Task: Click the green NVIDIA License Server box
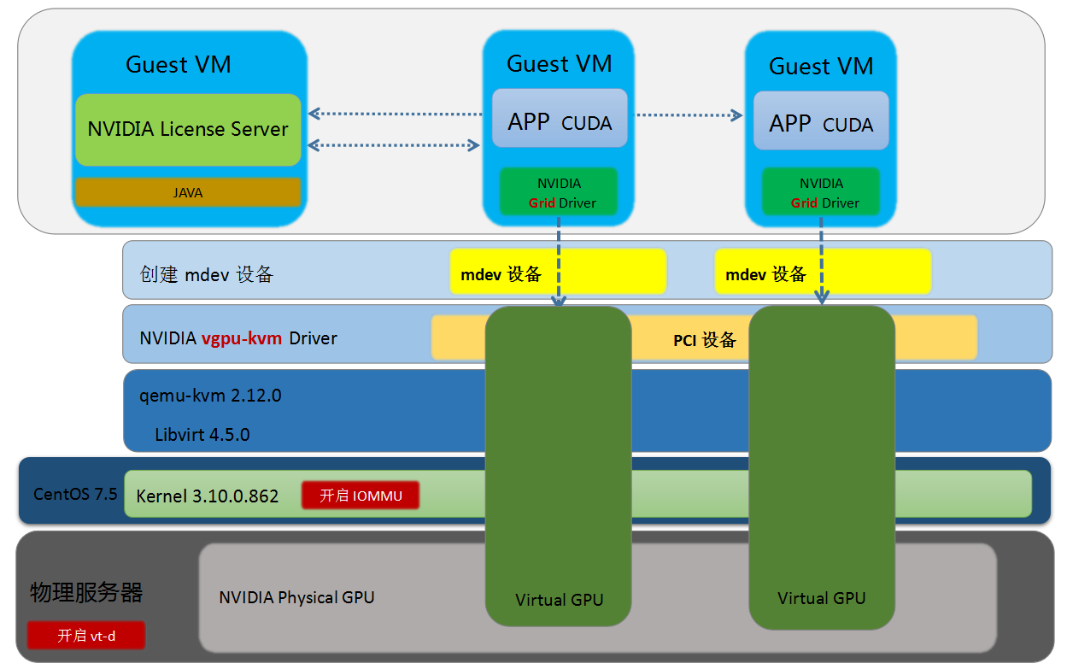coord(188,130)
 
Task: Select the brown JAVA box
coord(188,192)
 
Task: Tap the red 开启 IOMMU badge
coord(361,496)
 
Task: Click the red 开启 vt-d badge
coord(86,635)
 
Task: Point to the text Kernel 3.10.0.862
coord(208,496)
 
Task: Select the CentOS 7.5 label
coord(75,494)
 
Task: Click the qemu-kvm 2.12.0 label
coord(210,396)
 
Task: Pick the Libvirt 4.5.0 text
coord(202,434)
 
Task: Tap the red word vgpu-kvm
coord(242,338)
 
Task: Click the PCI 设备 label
coord(704,339)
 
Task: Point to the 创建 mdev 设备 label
coord(206,274)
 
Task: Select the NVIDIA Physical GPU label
coord(296,597)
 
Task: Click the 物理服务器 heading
coord(86,592)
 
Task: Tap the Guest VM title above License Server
coord(179,65)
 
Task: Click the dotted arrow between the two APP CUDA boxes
coord(689,114)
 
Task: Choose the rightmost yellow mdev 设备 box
coord(823,272)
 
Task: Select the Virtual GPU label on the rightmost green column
coord(822,598)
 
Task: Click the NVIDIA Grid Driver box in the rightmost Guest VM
coord(821,193)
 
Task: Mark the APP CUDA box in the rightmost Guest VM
coord(821,123)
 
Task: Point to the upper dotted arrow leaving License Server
coord(395,113)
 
